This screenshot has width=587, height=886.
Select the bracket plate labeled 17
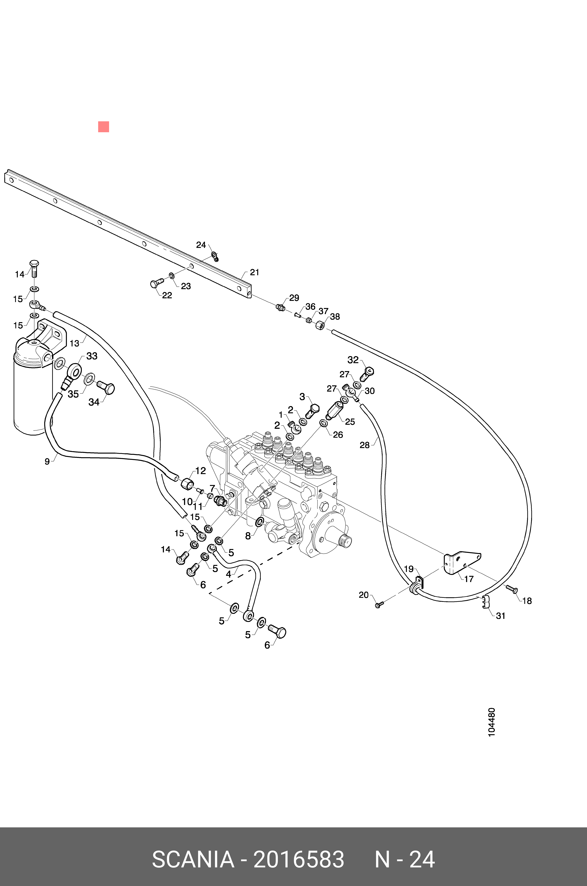[x=461, y=561]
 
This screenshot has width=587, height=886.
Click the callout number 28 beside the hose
[x=364, y=445]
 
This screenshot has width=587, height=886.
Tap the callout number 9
[x=47, y=462]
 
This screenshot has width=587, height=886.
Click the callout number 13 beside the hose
[x=75, y=343]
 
